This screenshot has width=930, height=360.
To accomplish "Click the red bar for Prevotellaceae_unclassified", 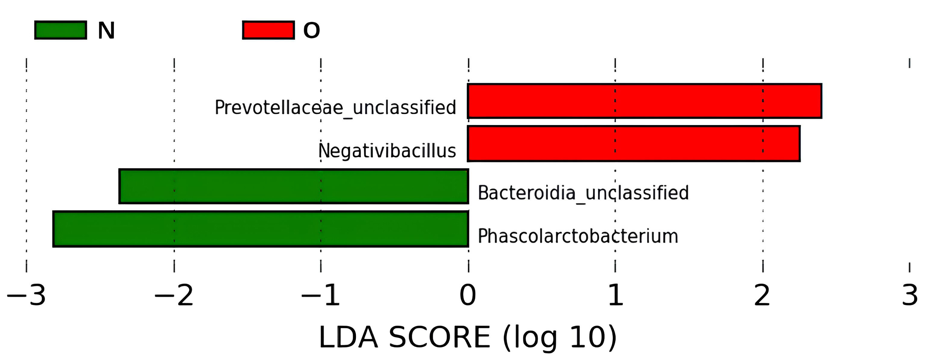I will point(644,101).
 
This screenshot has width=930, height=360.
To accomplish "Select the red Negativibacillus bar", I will point(634,144).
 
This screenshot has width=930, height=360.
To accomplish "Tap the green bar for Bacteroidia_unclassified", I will point(294,186).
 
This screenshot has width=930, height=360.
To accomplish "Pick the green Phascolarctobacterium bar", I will point(261,229).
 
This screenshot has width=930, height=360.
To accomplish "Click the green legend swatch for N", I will point(61,30).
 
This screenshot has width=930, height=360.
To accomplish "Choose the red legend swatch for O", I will point(268,30).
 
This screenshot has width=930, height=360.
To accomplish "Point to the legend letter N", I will point(106,31).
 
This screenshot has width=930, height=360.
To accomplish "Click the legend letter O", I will point(312,30).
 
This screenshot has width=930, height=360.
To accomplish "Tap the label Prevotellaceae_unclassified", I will point(336,108).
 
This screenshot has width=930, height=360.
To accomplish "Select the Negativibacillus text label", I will point(387,151).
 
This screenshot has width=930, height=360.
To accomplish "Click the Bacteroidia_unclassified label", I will point(583,193).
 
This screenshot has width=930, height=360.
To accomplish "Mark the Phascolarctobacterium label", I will point(578,236).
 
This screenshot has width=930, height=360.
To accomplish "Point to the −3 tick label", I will point(26,295).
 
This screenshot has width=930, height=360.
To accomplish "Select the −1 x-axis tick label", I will point(321,295).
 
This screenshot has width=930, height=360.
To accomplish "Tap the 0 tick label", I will point(468,295).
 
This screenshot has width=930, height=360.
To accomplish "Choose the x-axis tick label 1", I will point(615,295).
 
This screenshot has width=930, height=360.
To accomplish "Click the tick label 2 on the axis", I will point(762,295).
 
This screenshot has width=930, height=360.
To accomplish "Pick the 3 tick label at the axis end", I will point(910,295).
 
